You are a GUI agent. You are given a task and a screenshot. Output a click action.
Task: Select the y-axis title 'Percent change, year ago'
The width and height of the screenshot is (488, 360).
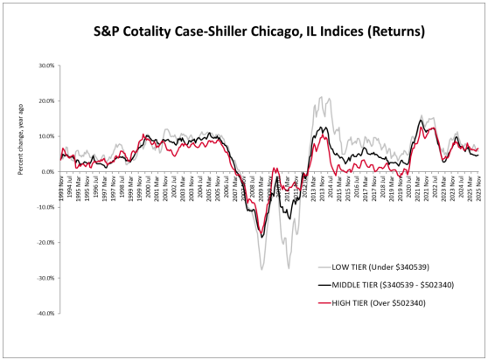19,146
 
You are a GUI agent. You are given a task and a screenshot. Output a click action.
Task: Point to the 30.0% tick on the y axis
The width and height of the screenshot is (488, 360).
46,66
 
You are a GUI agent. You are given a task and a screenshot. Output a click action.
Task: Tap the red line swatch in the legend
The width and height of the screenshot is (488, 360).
323,302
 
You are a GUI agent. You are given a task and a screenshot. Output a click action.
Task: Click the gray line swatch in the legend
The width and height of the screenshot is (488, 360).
323,267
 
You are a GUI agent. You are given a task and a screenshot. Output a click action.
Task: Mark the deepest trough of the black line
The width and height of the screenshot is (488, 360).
261,236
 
